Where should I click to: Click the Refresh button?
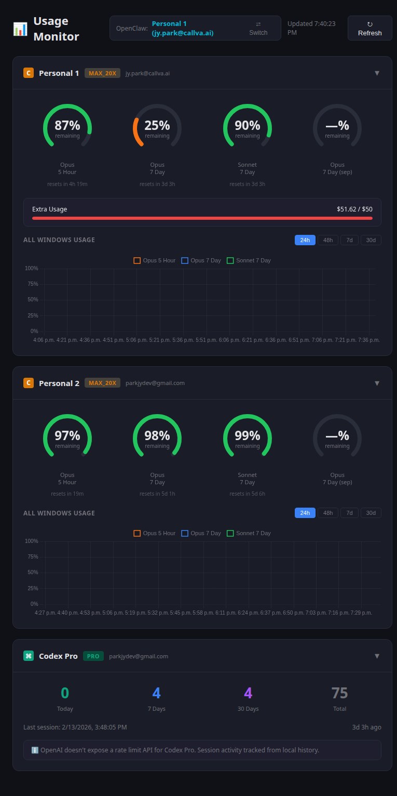369,28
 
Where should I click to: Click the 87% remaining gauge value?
67,126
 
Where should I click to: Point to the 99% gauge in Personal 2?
248,436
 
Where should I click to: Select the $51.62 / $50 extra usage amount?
354,209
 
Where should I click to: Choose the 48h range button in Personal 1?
328,240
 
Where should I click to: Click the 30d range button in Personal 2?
371,513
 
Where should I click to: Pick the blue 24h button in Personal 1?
305,240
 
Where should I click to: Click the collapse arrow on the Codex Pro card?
377,656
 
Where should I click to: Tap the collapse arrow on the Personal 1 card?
377,73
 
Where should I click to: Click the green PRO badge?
93,656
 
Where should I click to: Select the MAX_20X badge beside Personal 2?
102,383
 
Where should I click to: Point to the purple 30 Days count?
248,693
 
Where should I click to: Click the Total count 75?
339,693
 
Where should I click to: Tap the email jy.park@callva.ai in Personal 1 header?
147,73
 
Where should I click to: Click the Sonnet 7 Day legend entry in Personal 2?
249,533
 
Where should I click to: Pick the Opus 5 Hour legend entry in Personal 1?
155,260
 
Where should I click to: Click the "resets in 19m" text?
67,494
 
